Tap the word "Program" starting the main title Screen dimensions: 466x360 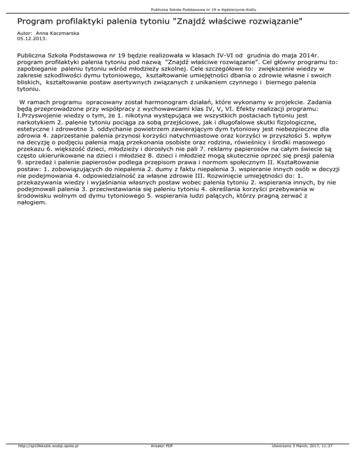(x=34, y=22)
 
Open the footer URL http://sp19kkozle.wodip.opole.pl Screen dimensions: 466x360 (x=47, y=459)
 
